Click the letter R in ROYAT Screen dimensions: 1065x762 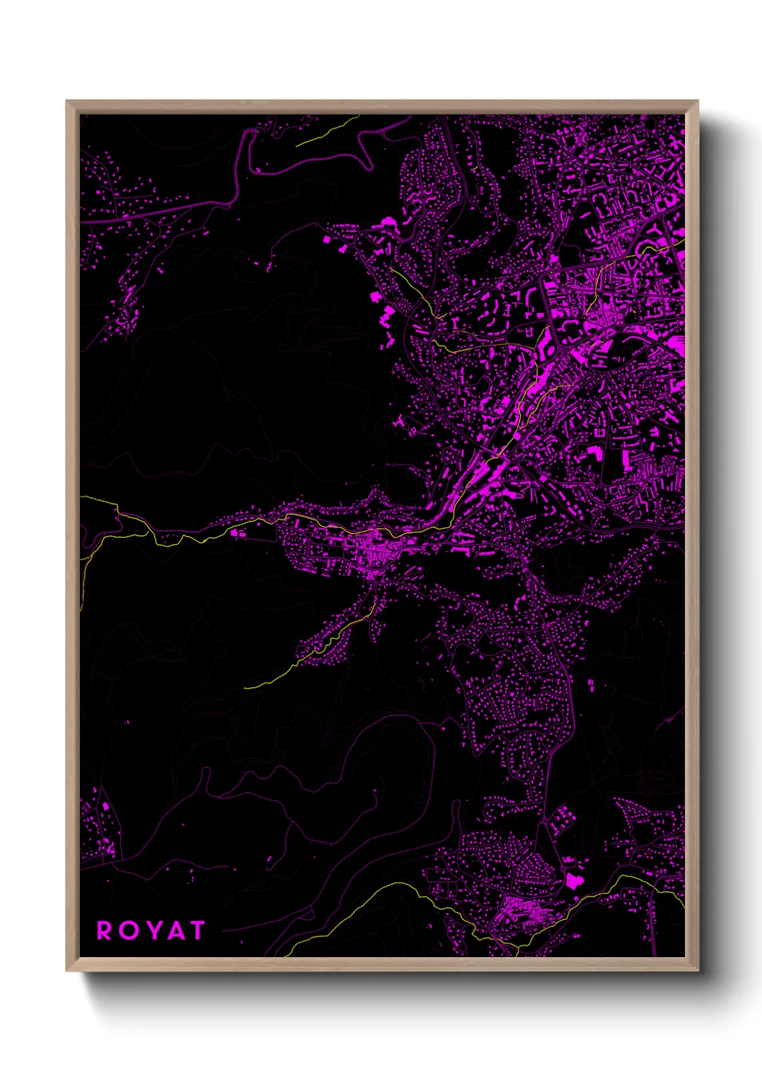(x=105, y=930)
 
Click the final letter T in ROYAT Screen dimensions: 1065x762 (x=196, y=930)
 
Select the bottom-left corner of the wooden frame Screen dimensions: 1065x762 (x=68, y=969)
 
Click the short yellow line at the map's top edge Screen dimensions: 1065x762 (x=328, y=131)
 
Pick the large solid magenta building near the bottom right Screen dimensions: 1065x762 (x=573, y=881)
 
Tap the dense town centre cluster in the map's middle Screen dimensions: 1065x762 (x=375, y=550)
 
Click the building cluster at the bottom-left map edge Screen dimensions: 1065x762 (x=97, y=828)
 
